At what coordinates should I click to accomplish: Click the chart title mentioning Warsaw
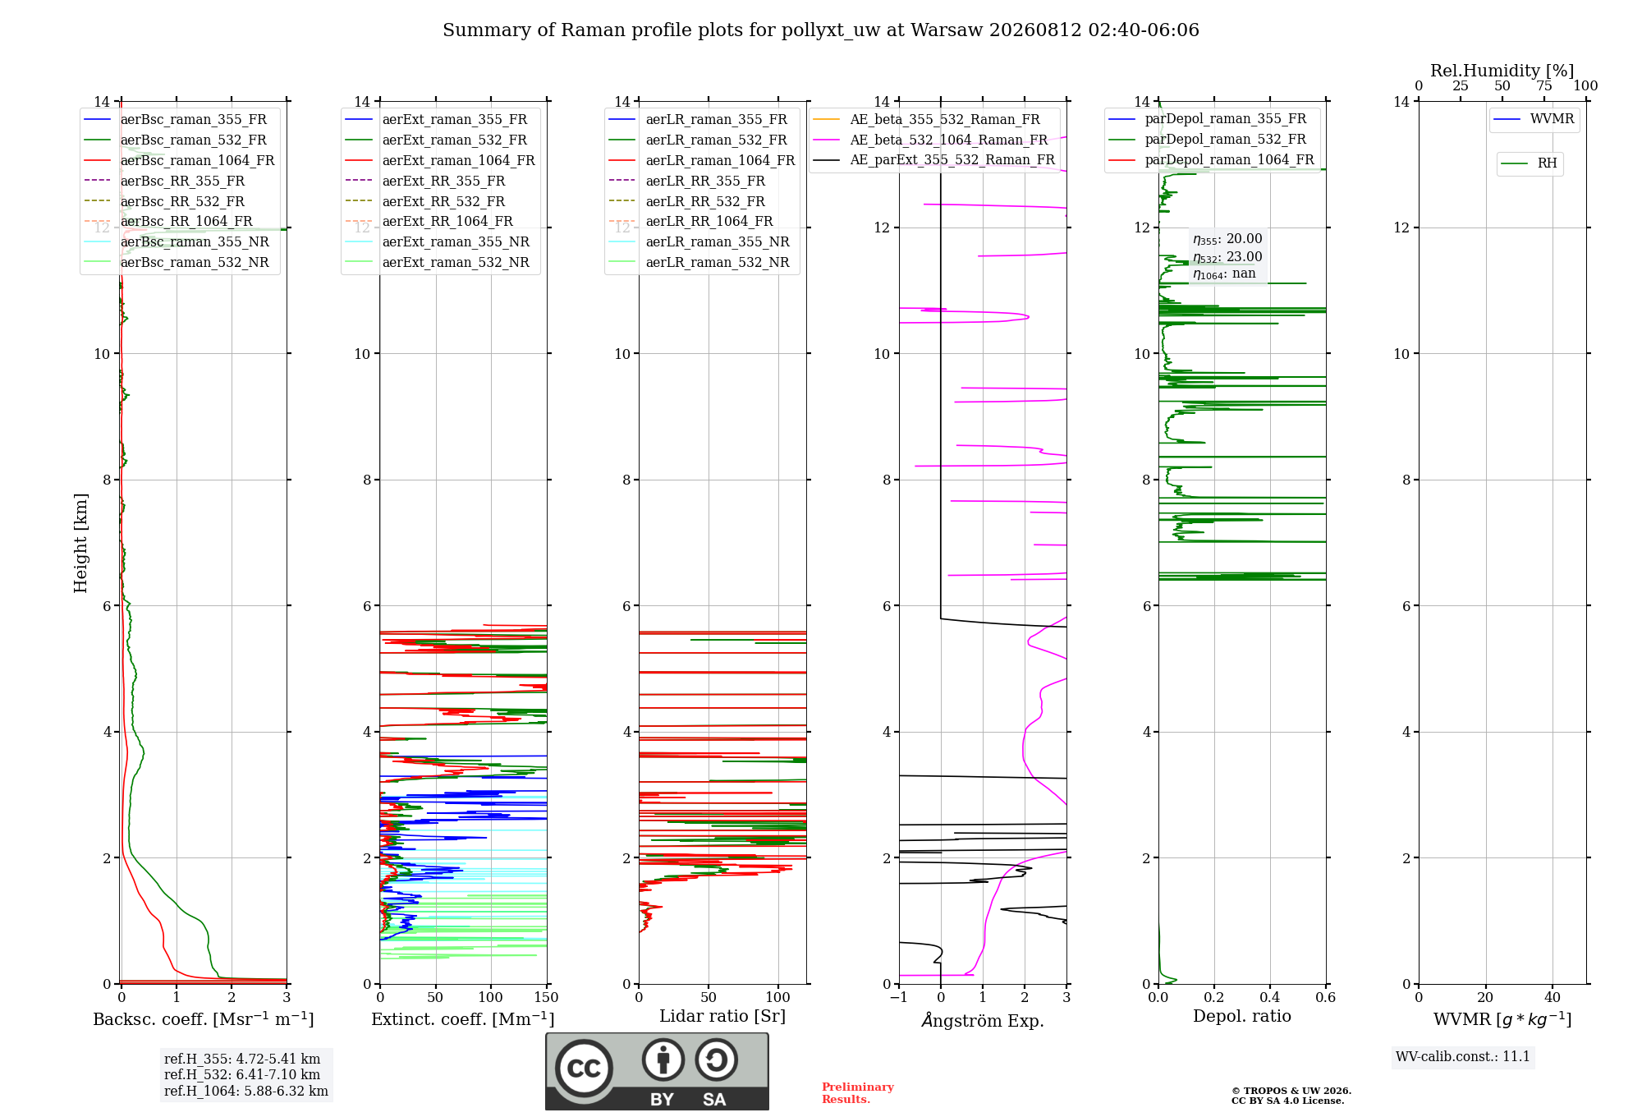[x=821, y=30]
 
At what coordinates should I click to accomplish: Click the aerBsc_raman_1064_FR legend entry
[x=179, y=160]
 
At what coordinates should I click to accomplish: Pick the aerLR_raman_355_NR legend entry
[x=699, y=241]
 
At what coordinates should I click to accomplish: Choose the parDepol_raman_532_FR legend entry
[x=1208, y=140]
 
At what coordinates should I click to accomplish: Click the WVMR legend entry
[x=1534, y=119]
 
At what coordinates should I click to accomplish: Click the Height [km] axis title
[x=80, y=542]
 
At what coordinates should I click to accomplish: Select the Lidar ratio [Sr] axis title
[x=722, y=1016]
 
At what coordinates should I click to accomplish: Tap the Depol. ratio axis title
[x=1242, y=1016]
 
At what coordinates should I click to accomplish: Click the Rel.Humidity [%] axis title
[x=1502, y=71]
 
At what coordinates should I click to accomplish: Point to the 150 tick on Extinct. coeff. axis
[x=547, y=997]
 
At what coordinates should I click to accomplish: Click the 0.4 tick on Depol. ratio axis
[x=1270, y=997]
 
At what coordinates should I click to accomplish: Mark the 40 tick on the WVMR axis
[x=1553, y=997]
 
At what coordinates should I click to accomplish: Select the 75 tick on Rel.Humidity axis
[x=1544, y=85]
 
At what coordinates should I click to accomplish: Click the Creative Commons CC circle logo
[x=584, y=1068]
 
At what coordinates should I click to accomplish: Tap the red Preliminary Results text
[x=858, y=1093]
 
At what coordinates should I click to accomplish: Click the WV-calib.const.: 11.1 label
[x=1463, y=1056]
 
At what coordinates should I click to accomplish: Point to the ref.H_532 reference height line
[x=242, y=1074]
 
